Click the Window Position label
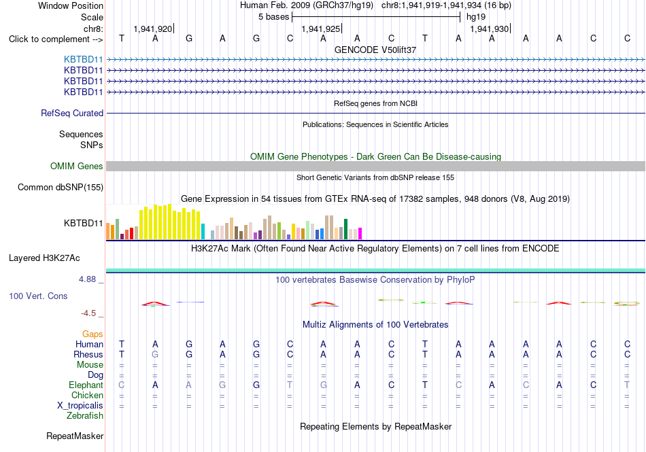tap(71, 5)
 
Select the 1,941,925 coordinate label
tap(320, 29)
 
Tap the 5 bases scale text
tap(273, 17)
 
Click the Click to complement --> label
tap(56, 39)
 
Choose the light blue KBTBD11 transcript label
tap(83, 60)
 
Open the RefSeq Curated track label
tap(72, 114)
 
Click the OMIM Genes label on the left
tap(77, 166)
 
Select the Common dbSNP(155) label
tap(60, 188)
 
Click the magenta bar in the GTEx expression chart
tap(360, 233)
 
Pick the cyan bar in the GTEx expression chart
tap(203, 231)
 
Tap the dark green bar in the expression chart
tap(345, 229)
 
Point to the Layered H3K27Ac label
tap(44, 258)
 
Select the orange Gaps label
tap(92, 334)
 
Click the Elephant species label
tap(86, 385)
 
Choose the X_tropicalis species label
tap(80, 406)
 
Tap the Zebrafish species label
tap(85, 416)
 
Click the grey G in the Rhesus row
tap(155, 354)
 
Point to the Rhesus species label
tap(88, 354)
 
